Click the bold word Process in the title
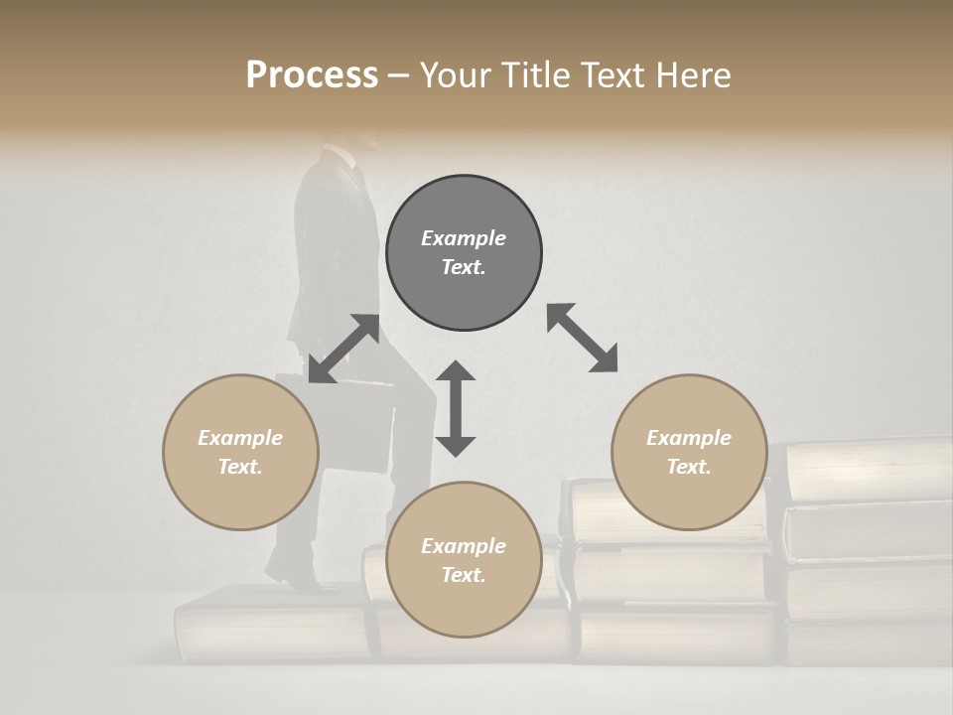pyautogui.click(x=312, y=75)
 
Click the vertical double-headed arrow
pyautogui.click(x=456, y=408)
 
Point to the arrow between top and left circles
pyautogui.click(x=343, y=349)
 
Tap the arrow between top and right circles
pyautogui.click(x=583, y=338)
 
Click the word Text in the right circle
pyautogui.click(x=689, y=467)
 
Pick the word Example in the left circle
pyautogui.click(x=240, y=438)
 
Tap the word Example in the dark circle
pyautogui.click(x=464, y=238)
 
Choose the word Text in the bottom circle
pyautogui.click(x=464, y=575)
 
